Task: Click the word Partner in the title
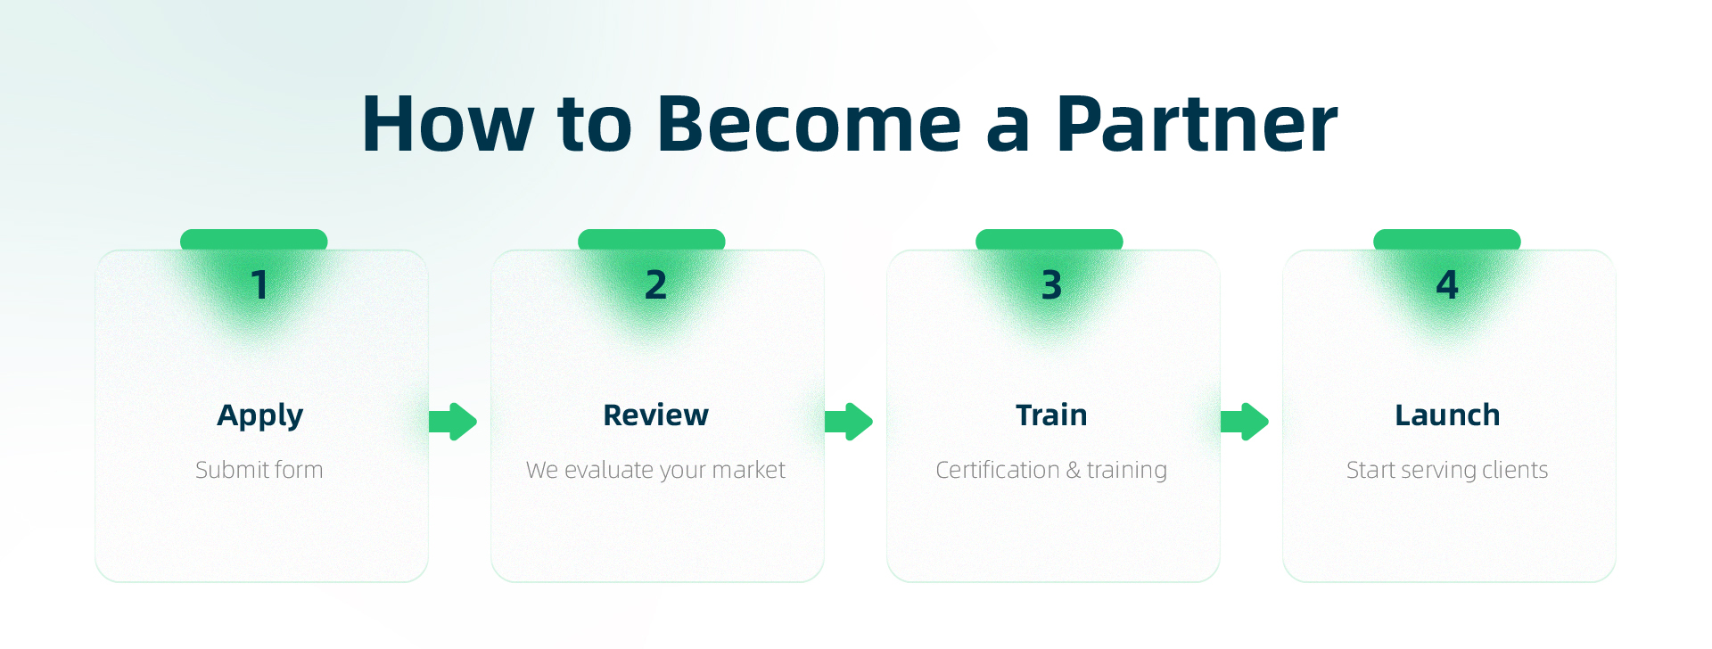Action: (x=1196, y=124)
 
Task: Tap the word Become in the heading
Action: (x=809, y=124)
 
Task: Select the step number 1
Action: (x=259, y=285)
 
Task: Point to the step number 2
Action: (x=655, y=285)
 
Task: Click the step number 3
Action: (x=1051, y=285)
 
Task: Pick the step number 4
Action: (x=1447, y=285)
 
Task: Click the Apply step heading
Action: (x=260, y=415)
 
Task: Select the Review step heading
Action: (x=655, y=415)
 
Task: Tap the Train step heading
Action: (x=1051, y=415)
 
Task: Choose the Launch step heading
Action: (x=1447, y=415)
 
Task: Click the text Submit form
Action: (x=259, y=470)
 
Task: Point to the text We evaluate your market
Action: (x=655, y=470)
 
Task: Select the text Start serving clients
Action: (x=1447, y=470)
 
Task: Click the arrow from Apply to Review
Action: (x=453, y=422)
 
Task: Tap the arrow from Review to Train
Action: (x=849, y=422)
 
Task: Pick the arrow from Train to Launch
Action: (x=1245, y=422)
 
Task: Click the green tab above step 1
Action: (x=254, y=240)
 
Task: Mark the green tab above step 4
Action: (x=1447, y=240)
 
